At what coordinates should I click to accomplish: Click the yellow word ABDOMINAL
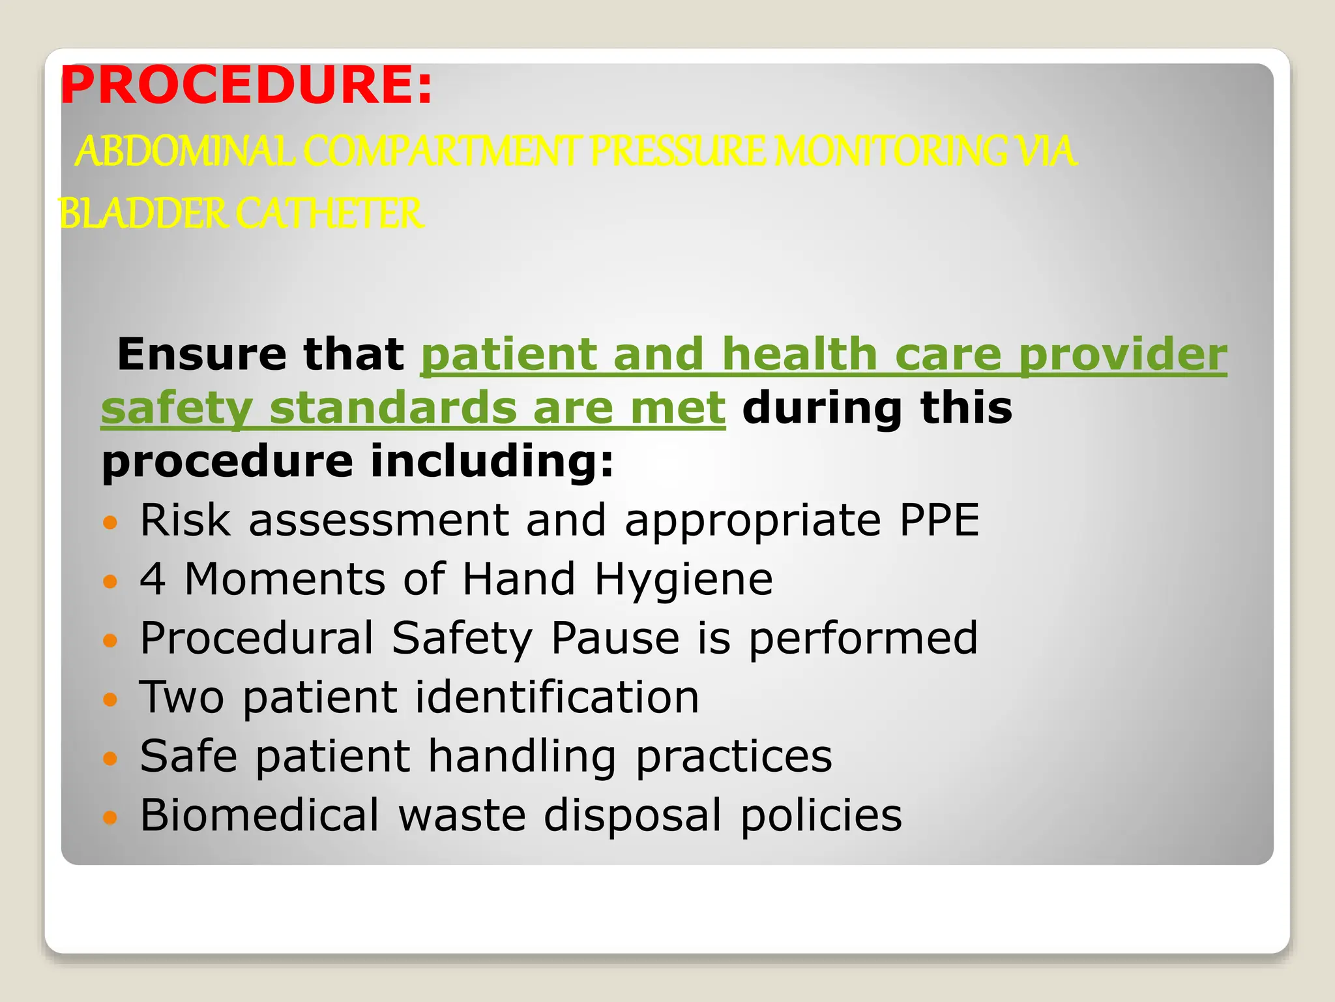[186, 151]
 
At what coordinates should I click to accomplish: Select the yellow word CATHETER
[329, 214]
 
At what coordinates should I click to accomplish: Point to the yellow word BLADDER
[142, 214]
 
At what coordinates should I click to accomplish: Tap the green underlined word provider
[1122, 356]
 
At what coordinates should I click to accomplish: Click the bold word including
[492, 461]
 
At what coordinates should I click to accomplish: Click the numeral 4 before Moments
[153, 579]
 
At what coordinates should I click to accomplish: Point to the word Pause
[615, 638]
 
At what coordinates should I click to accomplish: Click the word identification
[557, 697]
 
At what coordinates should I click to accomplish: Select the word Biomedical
[259, 815]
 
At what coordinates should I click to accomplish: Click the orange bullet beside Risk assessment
[110, 523]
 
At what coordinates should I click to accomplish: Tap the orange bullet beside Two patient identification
[110, 700]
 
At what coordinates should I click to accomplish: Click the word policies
[821, 815]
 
